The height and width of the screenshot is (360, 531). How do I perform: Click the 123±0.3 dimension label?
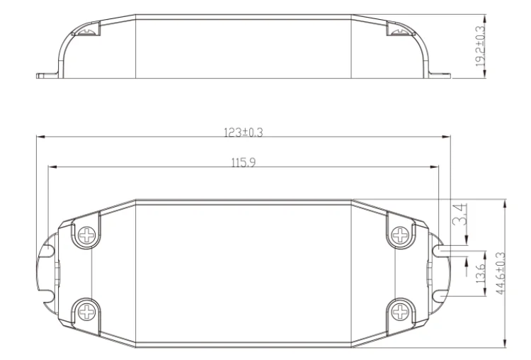tap(243, 132)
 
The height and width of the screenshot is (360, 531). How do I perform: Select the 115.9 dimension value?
tap(244, 162)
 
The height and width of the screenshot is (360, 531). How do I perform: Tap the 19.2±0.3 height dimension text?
tap(480, 46)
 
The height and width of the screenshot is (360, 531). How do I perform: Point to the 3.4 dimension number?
tap(460, 215)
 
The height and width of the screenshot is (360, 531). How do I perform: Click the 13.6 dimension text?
tap(480, 273)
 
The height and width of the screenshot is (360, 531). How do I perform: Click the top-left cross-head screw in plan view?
tap(87, 235)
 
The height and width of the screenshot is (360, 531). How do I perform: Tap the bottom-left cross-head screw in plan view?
tap(87, 311)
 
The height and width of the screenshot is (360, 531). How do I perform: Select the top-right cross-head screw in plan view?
tap(400, 235)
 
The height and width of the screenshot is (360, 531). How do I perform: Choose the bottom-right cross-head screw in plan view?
tap(400, 311)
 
